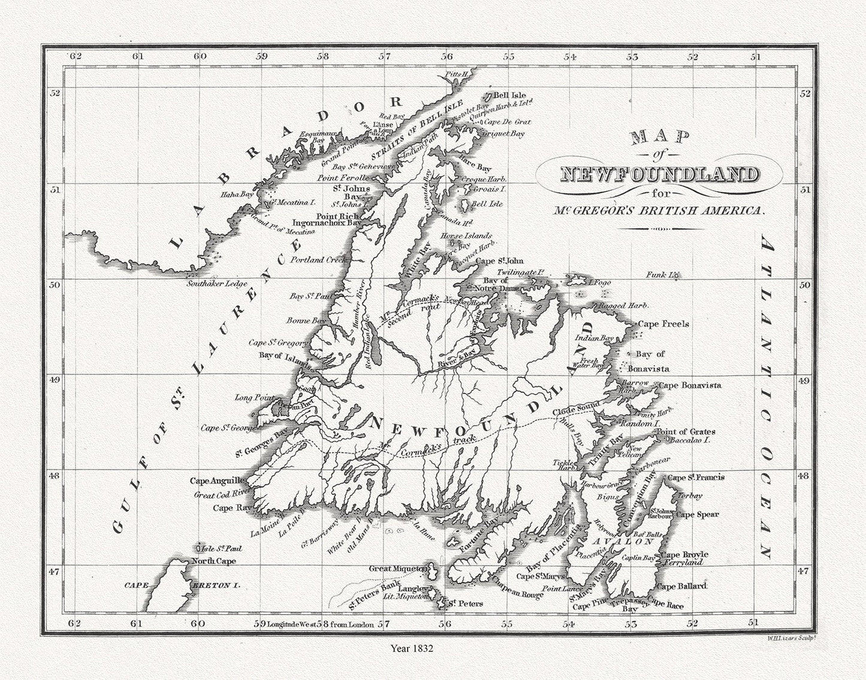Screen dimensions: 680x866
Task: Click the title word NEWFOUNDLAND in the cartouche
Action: (657, 174)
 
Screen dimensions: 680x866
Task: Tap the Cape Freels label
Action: (663, 324)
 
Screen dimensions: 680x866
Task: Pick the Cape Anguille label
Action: (217, 480)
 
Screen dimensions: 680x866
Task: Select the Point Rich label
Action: (337, 216)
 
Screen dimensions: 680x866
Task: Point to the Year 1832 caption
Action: (411, 648)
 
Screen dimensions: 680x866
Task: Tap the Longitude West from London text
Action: (321, 624)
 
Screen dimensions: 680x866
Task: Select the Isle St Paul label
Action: (215, 548)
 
